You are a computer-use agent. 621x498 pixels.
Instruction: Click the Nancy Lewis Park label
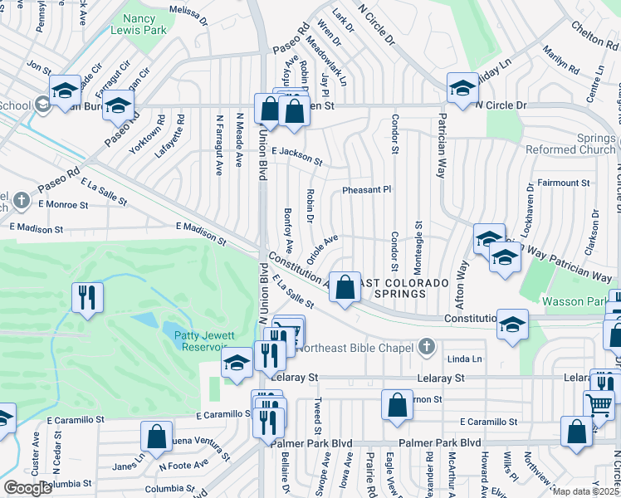[144, 26]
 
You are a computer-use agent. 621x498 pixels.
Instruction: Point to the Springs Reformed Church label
[571, 144]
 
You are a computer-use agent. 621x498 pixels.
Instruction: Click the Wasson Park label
[570, 300]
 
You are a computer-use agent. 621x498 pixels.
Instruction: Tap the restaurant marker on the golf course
[86, 296]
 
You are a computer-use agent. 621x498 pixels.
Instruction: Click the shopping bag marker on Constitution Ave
[345, 287]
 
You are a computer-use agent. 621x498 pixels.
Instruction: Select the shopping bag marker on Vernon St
[398, 405]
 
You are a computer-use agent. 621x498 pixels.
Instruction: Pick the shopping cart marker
[599, 406]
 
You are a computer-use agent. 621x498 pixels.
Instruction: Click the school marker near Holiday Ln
[462, 86]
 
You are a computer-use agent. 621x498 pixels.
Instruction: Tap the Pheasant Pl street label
[366, 190]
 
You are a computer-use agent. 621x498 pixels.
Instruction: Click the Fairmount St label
[563, 183]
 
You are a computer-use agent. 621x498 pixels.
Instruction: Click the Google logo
[28, 488]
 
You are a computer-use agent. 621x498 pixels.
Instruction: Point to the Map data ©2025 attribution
[584, 491]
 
